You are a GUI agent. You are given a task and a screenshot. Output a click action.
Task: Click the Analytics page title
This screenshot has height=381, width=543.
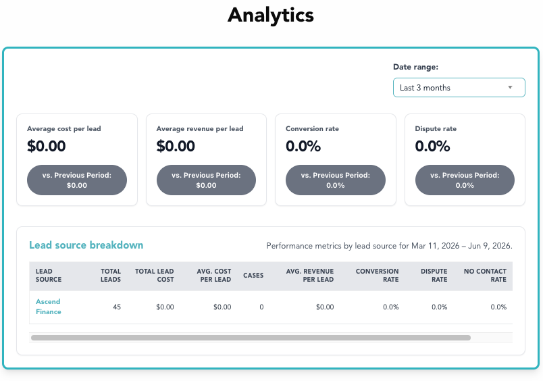(x=271, y=16)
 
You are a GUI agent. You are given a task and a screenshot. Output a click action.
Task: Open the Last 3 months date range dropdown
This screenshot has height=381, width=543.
(x=459, y=88)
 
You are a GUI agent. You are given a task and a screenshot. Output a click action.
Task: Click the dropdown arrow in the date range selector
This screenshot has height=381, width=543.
(x=510, y=87)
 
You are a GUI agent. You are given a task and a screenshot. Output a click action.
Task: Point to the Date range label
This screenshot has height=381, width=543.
(x=415, y=67)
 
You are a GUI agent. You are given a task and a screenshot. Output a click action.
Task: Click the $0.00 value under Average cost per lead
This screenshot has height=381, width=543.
(x=47, y=146)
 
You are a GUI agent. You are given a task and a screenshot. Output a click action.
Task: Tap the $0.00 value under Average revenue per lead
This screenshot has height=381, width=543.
(x=176, y=146)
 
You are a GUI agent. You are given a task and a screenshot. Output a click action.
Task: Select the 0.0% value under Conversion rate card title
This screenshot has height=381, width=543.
(x=303, y=146)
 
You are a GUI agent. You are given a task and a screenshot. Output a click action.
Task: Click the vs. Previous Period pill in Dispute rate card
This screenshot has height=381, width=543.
(x=465, y=180)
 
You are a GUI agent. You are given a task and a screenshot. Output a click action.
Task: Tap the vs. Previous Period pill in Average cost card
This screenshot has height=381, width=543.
(x=77, y=180)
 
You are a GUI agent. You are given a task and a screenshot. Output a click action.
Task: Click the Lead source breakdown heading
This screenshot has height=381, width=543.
(x=86, y=245)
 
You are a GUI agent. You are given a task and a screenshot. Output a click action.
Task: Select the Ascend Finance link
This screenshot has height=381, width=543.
(x=49, y=307)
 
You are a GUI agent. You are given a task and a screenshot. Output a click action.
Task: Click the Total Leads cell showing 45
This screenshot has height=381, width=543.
(x=117, y=307)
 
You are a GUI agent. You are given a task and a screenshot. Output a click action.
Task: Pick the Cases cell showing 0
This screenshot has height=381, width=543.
(x=261, y=307)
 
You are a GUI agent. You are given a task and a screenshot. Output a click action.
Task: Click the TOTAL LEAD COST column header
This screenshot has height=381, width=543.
(x=155, y=276)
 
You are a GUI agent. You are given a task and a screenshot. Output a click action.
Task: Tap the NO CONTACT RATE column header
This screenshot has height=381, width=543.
(x=485, y=276)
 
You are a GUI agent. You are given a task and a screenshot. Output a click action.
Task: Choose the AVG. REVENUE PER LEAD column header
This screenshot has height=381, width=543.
(x=310, y=276)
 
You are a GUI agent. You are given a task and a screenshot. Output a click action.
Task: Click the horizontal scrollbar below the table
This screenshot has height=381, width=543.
(x=251, y=338)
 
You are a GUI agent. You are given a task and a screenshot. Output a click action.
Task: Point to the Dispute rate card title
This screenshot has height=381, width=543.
(x=436, y=129)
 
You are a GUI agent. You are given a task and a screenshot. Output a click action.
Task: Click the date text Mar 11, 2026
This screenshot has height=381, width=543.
(x=436, y=246)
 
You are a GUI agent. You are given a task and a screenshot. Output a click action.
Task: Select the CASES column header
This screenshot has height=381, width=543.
(x=253, y=276)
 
